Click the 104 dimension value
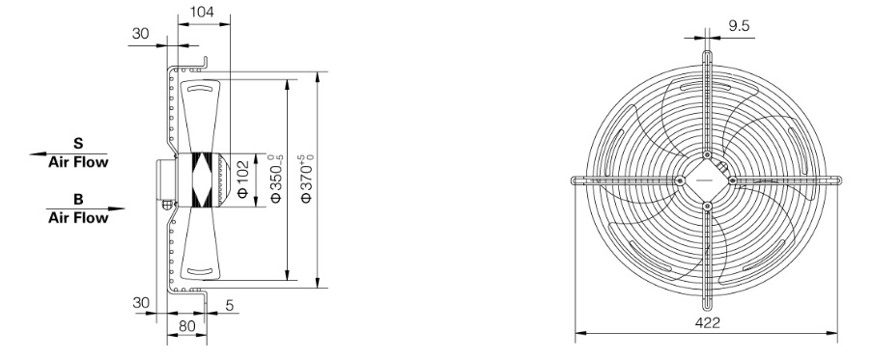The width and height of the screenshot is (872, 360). pyautogui.click(x=202, y=12)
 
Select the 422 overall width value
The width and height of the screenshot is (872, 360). pyautogui.click(x=708, y=322)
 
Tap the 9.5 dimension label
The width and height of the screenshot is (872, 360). pyautogui.click(x=739, y=25)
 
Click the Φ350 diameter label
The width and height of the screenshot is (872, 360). pyautogui.click(x=276, y=179)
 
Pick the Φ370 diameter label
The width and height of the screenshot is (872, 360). pyautogui.click(x=307, y=179)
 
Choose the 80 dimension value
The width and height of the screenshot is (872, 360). pyautogui.click(x=187, y=326)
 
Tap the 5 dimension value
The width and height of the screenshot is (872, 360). pyautogui.click(x=230, y=305)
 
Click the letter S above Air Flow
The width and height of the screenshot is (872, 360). pyautogui.click(x=78, y=144)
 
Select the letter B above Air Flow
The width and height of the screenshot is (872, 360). pyautogui.click(x=78, y=199)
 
